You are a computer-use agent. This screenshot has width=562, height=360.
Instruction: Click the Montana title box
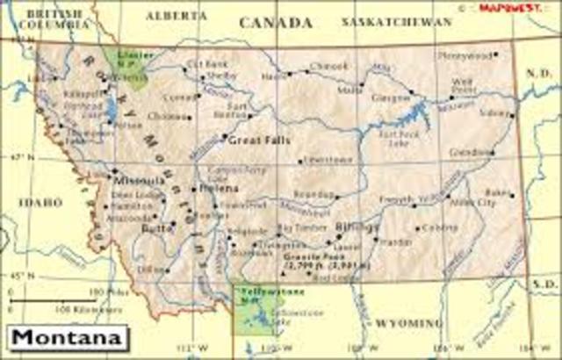click(x=66, y=337)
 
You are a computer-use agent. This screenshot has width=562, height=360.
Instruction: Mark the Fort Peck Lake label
click(x=390, y=139)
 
